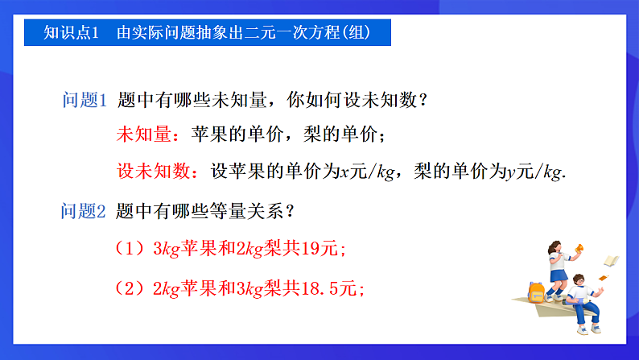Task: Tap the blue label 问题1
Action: pyautogui.click(x=85, y=101)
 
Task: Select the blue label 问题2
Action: pyautogui.click(x=85, y=212)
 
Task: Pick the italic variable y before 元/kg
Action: pyautogui.click(x=511, y=172)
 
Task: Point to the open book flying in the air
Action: pyautogui.click(x=611, y=260)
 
